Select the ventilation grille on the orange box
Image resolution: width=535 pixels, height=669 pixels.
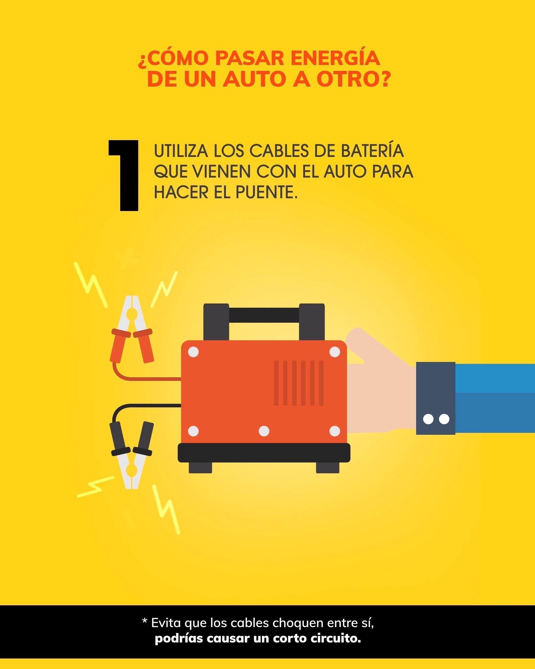click(x=299, y=383)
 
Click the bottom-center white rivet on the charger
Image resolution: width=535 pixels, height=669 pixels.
click(x=264, y=431)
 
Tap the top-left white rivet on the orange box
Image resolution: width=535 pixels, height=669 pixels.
click(x=193, y=352)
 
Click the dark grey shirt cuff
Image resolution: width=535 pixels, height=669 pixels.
click(x=435, y=398)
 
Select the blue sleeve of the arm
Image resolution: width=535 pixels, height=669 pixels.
click(x=495, y=398)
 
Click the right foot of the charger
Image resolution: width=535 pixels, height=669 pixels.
click(x=328, y=467)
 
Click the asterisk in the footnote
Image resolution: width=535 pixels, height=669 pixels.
click(x=145, y=621)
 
